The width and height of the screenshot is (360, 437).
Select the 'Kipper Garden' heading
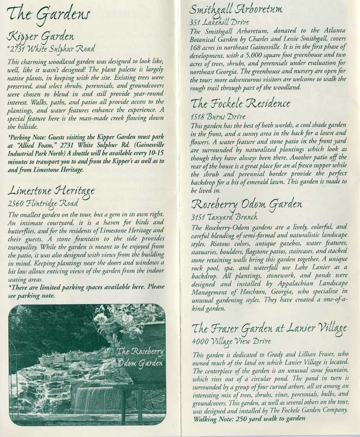pyautogui.click(x=41, y=38)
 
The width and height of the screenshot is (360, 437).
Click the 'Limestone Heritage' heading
pyautogui.click(x=52, y=190)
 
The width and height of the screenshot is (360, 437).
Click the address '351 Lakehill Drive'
pyautogui.click(x=219, y=22)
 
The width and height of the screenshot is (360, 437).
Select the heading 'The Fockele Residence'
pyautogui.click(x=240, y=103)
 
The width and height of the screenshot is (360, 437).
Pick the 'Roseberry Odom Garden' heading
pyautogui.click(x=246, y=204)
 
